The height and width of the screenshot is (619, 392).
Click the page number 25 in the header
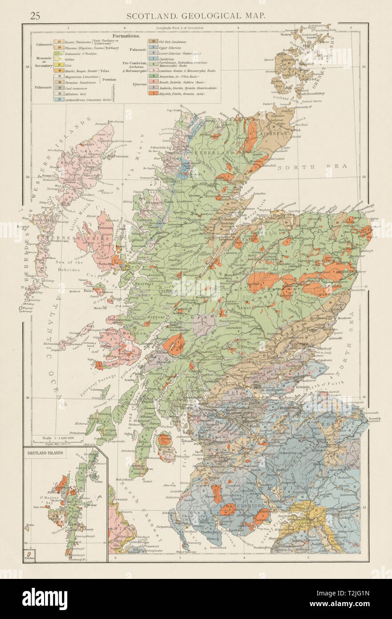pyautogui.click(x=35, y=16)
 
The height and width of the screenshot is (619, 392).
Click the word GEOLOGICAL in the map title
pyautogui.click(x=196, y=16)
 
